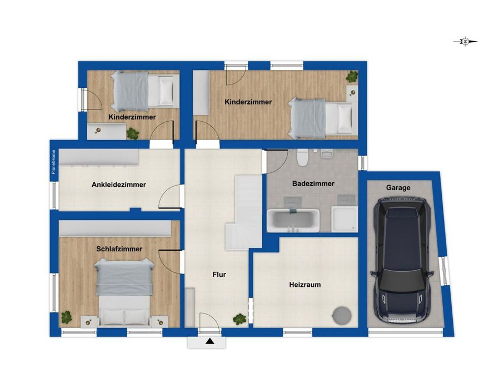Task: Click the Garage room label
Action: click(398, 188)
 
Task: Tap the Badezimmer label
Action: click(313, 183)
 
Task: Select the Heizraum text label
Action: click(305, 285)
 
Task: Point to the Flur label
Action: click(219, 275)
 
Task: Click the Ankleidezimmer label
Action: click(118, 185)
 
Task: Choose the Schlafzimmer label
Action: click(119, 249)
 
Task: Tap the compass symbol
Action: click(465, 42)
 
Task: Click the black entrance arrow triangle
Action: click(210, 341)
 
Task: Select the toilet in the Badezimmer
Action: click(302, 157)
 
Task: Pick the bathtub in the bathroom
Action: click(293, 221)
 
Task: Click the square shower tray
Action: click(345, 219)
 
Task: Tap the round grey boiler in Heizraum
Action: click(342, 316)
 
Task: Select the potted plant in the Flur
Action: click(239, 319)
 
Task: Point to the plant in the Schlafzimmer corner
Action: click(66, 317)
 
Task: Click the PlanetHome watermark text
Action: click(54, 162)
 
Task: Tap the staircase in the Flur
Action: click(244, 212)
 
